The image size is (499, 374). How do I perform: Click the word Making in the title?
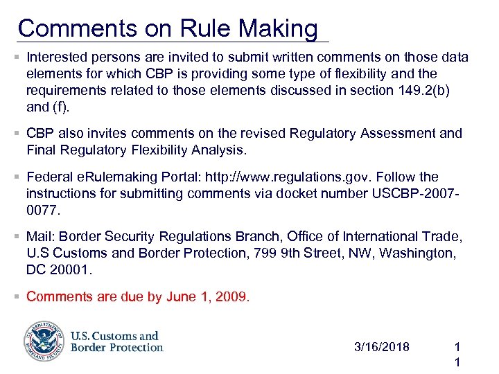pyautogui.click(x=278, y=28)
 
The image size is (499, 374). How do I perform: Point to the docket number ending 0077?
pyautogui.click(x=41, y=208)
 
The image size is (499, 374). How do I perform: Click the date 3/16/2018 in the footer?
pyautogui.click(x=381, y=346)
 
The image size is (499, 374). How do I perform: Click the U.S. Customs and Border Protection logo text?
pyautogui.click(x=116, y=341)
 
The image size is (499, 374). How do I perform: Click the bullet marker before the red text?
pyautogui.click(x=17, y=296)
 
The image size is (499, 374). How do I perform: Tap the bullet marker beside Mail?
pyautogui.click(x=17, y=237)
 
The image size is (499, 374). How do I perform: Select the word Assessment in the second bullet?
pyautogui.click(x=401, y=133)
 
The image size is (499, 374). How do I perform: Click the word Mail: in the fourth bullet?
pyautogui.click(x=40, y=237)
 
